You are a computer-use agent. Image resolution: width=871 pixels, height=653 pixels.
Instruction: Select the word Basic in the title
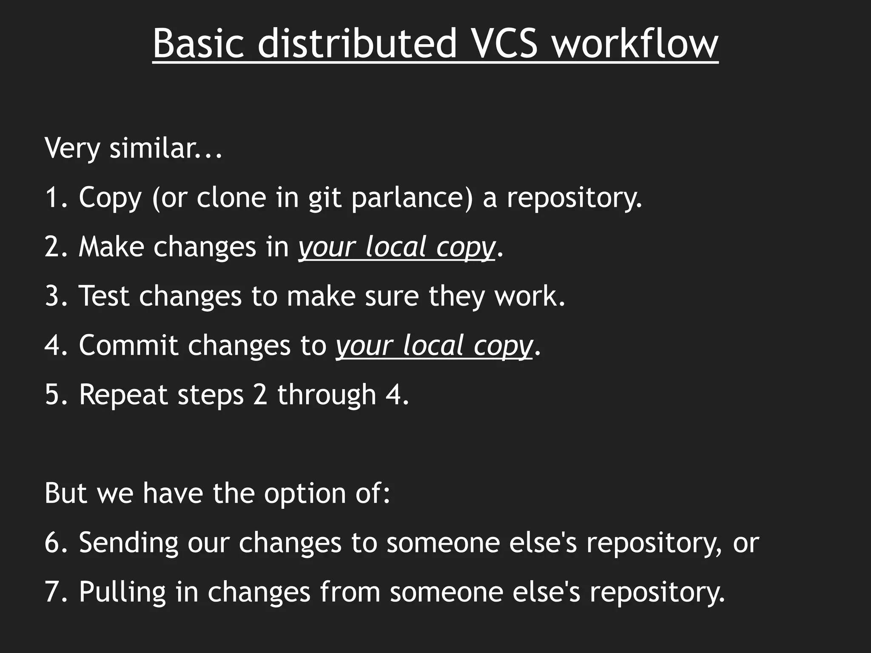199,44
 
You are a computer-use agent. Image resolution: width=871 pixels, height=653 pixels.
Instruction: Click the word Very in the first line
72,148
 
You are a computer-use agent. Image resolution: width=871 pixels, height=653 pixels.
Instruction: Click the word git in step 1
325,199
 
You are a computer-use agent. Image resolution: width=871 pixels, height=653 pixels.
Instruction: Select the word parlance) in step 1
412,199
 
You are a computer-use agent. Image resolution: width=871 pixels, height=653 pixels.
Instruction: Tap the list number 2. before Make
56,247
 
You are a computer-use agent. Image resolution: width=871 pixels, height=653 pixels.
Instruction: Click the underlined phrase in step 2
397,248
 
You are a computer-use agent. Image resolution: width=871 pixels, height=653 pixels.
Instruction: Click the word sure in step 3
392,296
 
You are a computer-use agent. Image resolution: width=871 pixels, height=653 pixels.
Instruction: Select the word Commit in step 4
128,345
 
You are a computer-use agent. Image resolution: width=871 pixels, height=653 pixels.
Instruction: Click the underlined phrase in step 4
434,346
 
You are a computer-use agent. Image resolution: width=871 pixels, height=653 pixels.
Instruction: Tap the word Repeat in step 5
123,395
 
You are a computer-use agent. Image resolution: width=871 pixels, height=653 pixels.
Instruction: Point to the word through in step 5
327,395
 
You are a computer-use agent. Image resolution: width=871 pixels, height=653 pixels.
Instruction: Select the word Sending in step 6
128,543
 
